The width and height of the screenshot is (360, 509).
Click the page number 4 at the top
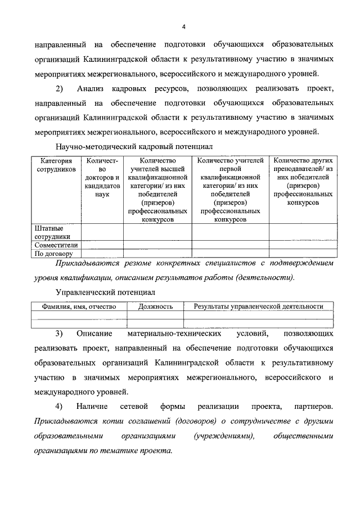tap(183, 26)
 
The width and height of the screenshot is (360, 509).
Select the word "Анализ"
tap(94, 89)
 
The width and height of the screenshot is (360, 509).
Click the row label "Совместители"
tap(56, 245)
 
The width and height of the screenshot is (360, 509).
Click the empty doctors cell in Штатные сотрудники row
tap(102, 232)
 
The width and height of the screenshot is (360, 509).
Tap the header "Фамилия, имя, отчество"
tap(79, 307)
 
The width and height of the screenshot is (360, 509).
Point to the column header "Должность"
tap(155, 307)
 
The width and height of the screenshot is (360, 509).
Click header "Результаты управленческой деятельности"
tap(258, 307)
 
